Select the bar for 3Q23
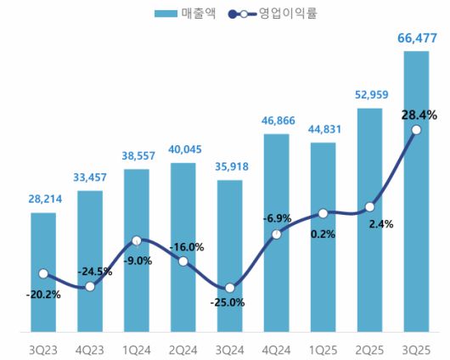coord(43,272)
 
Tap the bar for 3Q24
coord(229,255)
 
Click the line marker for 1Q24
coord(137,241)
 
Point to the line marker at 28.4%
coord(416,130)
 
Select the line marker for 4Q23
coord(90,287)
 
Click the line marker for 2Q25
coord(369,206)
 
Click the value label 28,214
coord(43,200)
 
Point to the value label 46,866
coord(276,121)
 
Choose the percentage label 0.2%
coord(323,233)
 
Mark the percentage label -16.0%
coord(186,247)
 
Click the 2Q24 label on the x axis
coord(183,348)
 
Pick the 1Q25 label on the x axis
coord(323,348)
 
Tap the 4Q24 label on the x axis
coord(276,348)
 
